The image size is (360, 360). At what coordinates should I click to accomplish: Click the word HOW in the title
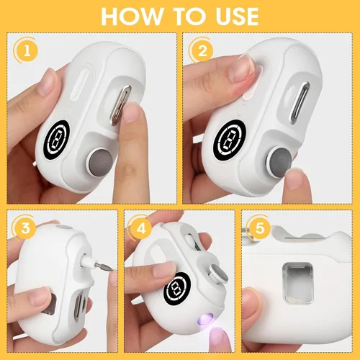tap(132, 17)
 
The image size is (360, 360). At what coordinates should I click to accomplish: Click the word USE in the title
tap(237, 17)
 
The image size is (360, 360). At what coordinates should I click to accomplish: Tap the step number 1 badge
tap(27, 51)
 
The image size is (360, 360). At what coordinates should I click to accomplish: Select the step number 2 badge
tap(202, 51)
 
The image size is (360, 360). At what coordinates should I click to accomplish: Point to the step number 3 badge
tap(25, 228)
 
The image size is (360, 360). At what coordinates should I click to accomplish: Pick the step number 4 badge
tap(141, 228)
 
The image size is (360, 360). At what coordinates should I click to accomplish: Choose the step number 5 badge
tap(259, 228)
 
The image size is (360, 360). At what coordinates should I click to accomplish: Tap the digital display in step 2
tap(230, 140)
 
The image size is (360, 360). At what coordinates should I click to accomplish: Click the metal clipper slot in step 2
tap(299, 103)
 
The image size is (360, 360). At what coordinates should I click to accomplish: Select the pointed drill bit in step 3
tap(104, 268)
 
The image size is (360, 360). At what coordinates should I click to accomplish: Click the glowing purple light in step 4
tap(207, 319)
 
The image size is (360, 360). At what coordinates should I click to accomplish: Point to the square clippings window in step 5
tap(298, 282)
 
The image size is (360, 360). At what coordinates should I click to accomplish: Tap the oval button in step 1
tap(78, 86)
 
